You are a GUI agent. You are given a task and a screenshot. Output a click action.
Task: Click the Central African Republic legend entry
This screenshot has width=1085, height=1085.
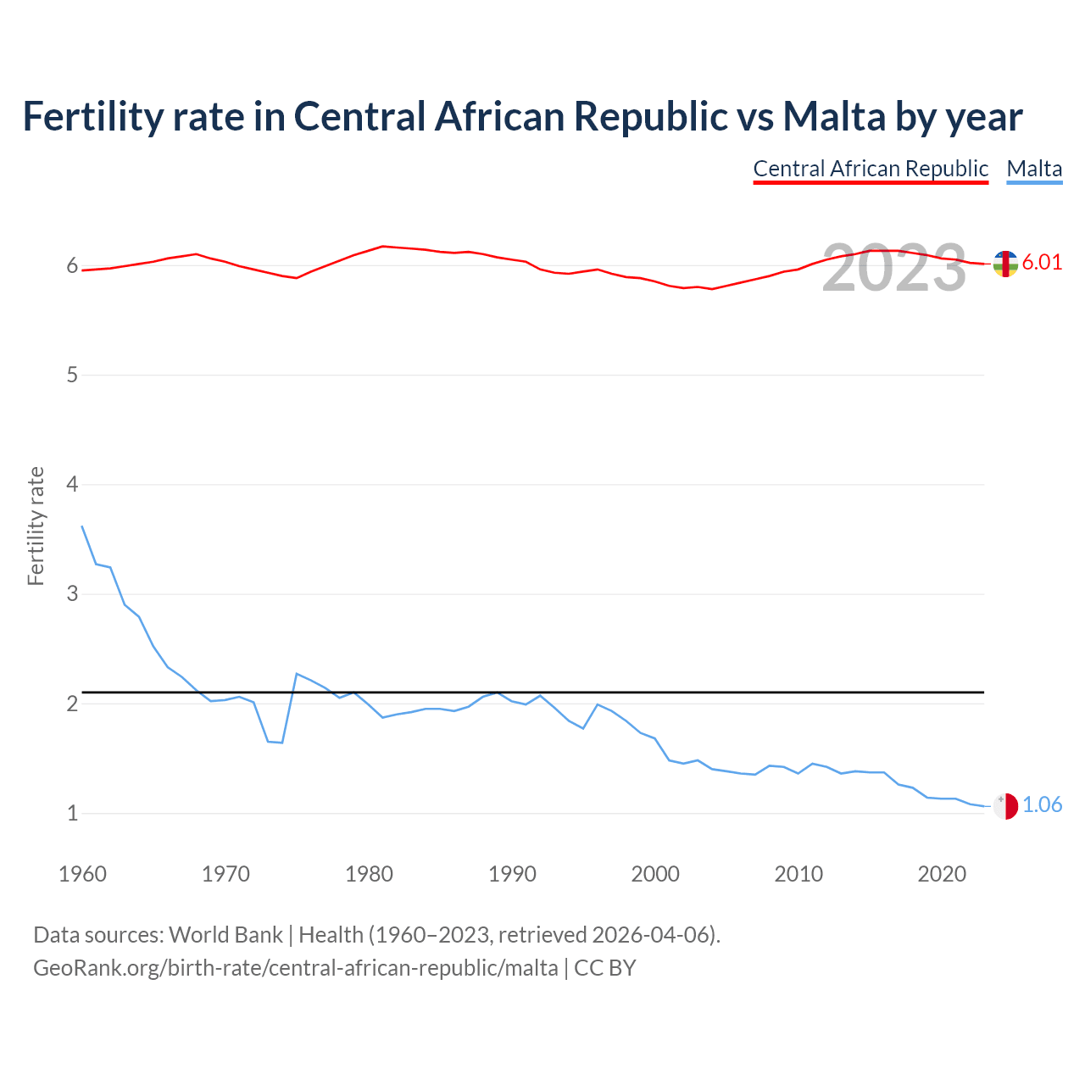(x=871, y=169)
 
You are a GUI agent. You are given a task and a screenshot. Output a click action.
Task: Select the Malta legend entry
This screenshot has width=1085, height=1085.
(x=1034, y=169)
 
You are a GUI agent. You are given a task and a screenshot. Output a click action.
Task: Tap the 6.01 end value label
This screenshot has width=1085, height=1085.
(x=1042, y=262)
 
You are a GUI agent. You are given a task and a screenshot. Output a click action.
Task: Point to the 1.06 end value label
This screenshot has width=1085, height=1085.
(x=1042, y=804)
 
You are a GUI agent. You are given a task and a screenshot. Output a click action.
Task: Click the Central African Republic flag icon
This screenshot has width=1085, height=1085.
(x=1004, y=264)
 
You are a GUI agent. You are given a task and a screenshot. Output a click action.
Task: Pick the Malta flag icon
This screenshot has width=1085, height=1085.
(x=1004, y=806)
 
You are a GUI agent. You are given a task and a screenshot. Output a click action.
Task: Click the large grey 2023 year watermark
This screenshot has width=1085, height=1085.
(x=893, y=268)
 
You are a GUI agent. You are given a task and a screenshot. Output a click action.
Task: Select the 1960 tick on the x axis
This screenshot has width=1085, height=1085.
(x=82, y=874)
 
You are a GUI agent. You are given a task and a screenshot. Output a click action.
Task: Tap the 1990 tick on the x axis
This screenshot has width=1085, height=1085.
(x=512, y=874)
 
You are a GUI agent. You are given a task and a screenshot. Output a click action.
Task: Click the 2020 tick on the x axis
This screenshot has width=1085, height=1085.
(x=942, y=874)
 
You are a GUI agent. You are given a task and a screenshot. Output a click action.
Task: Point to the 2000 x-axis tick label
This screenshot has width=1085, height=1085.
(x=655, y=874)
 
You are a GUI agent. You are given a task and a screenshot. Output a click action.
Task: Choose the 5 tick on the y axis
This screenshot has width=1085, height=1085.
(x=72, y=376)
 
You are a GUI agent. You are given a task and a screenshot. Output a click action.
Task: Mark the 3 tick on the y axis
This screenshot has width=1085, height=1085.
(x=72, y=594)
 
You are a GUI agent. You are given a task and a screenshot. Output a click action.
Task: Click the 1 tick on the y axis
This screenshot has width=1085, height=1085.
(x=72, y=814)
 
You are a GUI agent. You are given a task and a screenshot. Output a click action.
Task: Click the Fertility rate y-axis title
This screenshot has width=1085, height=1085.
(x=36, y=526)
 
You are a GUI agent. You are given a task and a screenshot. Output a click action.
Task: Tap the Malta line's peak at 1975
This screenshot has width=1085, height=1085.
(x=297, y=674)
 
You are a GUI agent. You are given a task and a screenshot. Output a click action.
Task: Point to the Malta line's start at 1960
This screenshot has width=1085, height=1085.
(x=82, y=526)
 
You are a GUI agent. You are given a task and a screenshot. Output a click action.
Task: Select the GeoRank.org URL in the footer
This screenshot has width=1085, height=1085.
(x=295, y=967)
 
